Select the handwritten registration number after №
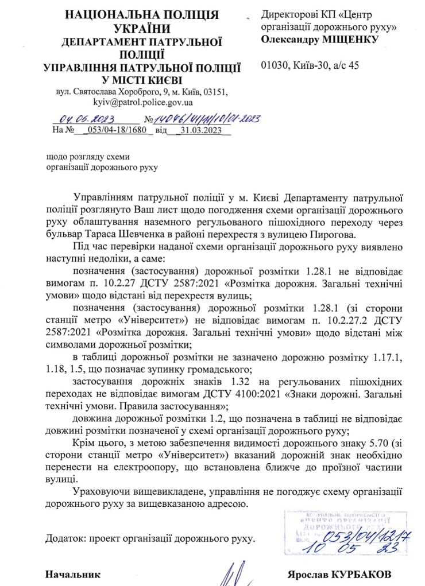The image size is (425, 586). click(x=207, y=119)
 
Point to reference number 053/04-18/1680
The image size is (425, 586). click(x=118, y=130)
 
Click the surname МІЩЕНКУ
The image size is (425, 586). click(x=350, y=39)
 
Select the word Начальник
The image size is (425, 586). click(x=73, y=574)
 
